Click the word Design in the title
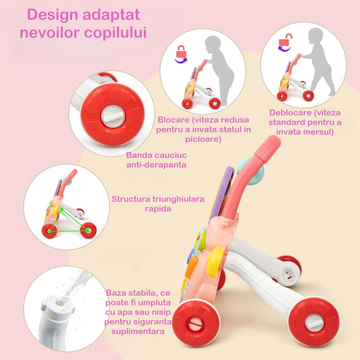point(52,15)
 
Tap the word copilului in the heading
point(115,32)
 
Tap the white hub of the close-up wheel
point(113,116)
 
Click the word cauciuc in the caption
point(171,155)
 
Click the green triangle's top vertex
point(61,209)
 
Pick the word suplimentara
point(138,331)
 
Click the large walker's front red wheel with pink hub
point(196,323)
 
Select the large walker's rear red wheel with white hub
point(314,322)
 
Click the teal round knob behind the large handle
point(251,171)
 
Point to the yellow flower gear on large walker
point(215,262)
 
